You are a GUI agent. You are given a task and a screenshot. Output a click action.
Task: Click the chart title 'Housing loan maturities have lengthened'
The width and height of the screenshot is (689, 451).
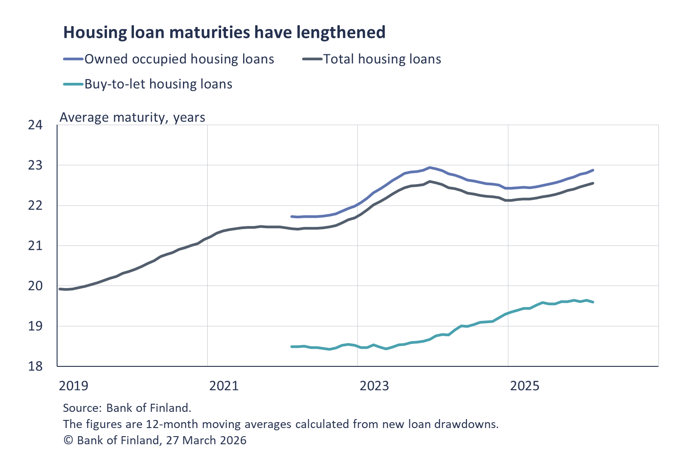pyautogui.click(x=224, y=32)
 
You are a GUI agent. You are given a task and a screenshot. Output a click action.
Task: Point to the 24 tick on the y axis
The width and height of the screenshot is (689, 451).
pyautogui.click(x=35, y=125)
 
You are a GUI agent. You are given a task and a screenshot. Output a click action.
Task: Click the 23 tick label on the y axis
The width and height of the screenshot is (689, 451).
pyautogui.click(x=35, y=166)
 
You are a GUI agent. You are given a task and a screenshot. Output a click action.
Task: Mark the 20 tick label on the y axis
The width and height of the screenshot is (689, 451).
pyautogui.click(x=35, y=286)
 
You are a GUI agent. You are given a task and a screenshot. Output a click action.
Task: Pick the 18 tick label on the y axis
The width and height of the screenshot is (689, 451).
pyautogui.click(x=35, y=366)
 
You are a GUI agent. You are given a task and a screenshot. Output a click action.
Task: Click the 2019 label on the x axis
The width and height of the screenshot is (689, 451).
pyautogui.click(x=74, y=386)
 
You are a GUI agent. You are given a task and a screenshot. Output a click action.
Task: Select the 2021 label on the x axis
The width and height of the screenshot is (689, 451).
pyautogui.click(x=224, y=386)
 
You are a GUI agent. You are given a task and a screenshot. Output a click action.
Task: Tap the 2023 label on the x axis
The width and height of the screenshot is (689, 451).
pyautogui.click(x=374, y=386)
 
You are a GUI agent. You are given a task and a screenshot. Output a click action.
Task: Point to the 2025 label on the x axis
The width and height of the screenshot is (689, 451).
pyautogui.click(x=525, y=386)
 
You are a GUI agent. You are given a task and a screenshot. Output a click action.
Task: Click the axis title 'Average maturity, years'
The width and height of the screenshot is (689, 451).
pyautogui.click(x=133, y=117)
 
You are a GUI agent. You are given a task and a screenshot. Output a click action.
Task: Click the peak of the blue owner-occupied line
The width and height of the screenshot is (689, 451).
pyautogui.click(x=430, y=167)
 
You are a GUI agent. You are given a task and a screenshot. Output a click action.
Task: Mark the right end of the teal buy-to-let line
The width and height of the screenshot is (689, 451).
pyautogui.click(x=593, y=302)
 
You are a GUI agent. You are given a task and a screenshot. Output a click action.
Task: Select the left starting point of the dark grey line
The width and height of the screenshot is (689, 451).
pyautogui.click(x=60, y=289)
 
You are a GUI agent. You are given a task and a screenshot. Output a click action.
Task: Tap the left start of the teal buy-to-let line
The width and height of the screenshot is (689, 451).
pyautogui.click(x=292, y=347)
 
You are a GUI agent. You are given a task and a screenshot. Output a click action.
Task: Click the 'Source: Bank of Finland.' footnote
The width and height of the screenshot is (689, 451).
pyautogui.click(x=127, y=408)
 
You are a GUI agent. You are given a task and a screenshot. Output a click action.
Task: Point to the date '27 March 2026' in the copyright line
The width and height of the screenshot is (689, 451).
pyautogui.click(x=206, y=440)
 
